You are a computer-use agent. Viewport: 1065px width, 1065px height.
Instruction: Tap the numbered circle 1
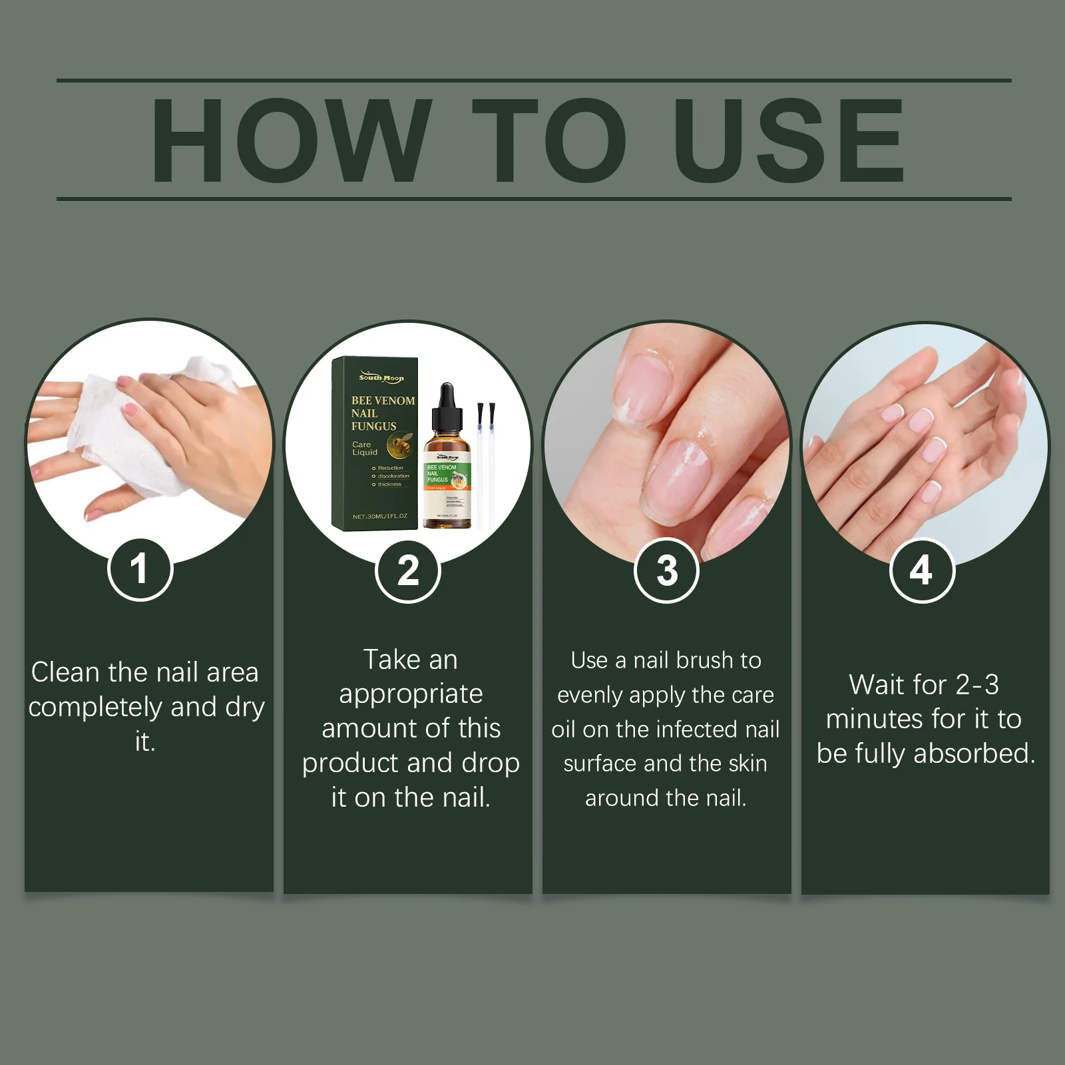[140, 570]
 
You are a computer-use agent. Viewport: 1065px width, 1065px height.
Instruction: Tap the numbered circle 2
[408, 571]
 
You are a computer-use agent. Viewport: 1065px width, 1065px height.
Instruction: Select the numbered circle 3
[666, 571]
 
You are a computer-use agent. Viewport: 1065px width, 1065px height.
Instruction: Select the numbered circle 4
[922, 571]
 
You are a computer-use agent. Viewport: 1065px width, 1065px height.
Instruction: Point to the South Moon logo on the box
[381, 377]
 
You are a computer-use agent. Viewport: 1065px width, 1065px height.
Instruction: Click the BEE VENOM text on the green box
[383, 401]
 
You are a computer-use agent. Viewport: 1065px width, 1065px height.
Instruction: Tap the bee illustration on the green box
[400, 444]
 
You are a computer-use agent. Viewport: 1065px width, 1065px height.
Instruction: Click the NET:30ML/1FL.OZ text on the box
[379, 516]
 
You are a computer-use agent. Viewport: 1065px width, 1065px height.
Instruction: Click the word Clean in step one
[65, 672]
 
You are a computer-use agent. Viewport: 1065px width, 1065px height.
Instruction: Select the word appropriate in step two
[411, 694]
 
